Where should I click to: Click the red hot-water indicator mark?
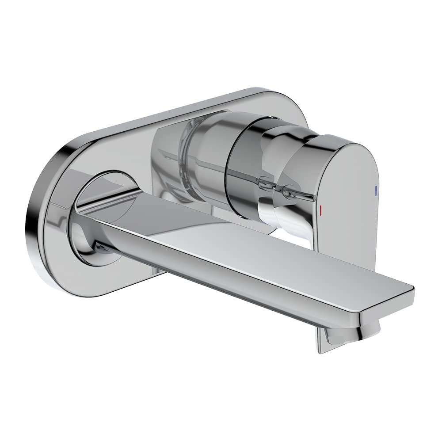pos(321,209)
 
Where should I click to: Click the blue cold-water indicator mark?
pos(375,191)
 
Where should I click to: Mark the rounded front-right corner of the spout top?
pos(409,290)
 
